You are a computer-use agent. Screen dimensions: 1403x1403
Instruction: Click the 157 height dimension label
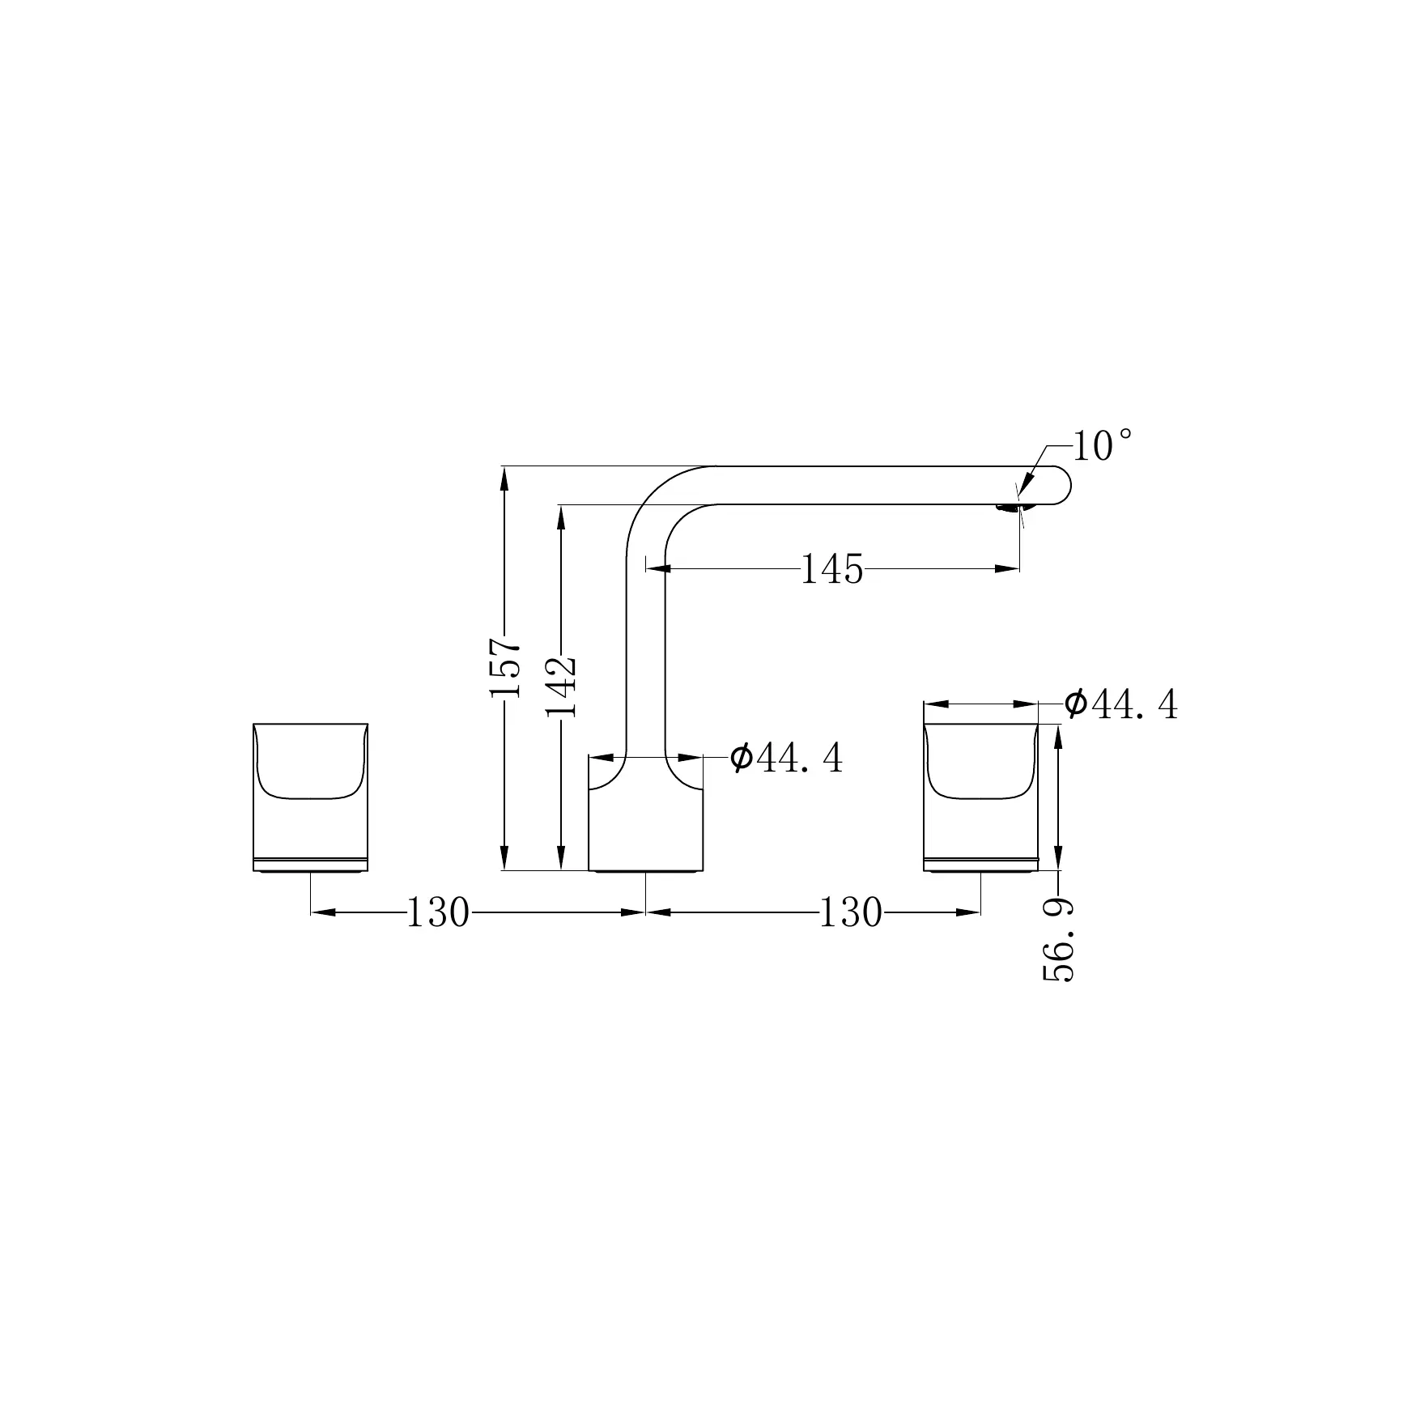pyautogui.click(x=505, y=668)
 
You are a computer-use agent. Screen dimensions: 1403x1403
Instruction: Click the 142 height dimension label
pyautogui.click(x=561, y=687)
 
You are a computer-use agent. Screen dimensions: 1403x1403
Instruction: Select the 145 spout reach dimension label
pyautogui.click(x=831, y=569)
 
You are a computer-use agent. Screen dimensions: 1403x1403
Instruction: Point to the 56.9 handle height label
pyautogui.click(x=1058, y=939)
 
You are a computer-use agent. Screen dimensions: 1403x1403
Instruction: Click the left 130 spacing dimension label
pyautogui.click(x=437, y=912)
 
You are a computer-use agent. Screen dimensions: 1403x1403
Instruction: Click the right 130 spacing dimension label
pyautogui.click(x=851, y=912)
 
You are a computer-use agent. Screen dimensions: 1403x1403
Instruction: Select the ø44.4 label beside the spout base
pyautogui.click(x=786, y=759)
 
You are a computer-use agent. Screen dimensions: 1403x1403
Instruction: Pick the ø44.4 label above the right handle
pyautogui.click(x=1121, y=705)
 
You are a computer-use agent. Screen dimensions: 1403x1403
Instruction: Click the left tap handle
pyautogui.click(x=311, y=797)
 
